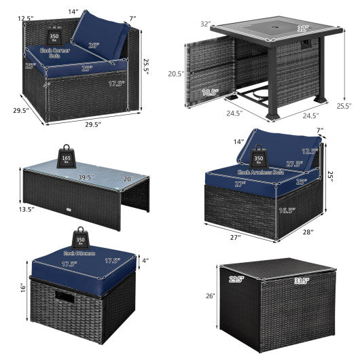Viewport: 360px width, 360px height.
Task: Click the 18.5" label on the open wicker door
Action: pos(211,91)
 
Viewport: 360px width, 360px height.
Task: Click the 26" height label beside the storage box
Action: pos(210,296)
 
